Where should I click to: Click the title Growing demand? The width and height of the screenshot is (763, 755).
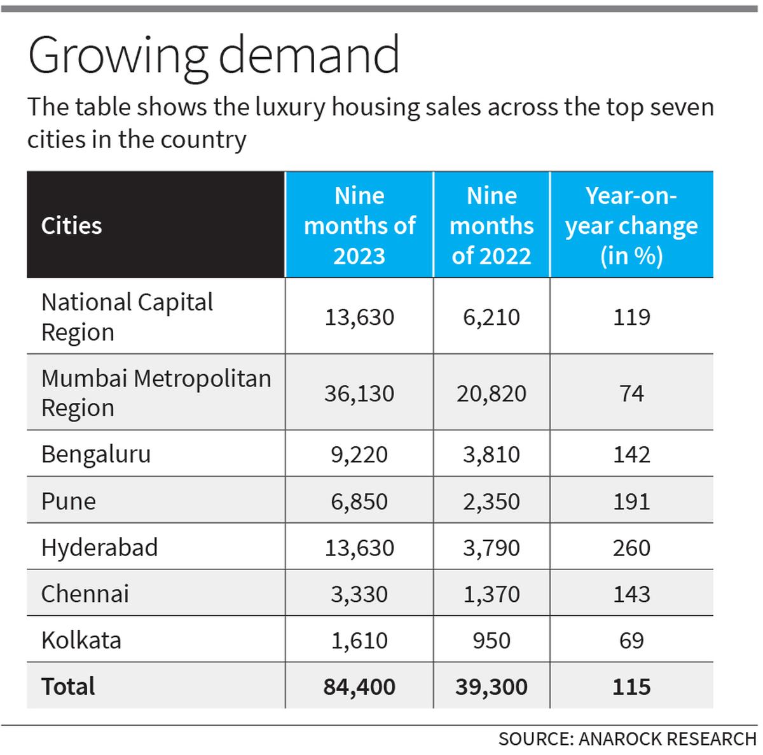point(214,57)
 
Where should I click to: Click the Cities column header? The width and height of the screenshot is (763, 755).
point(71,226)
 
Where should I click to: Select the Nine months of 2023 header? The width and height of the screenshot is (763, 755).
point(359,226)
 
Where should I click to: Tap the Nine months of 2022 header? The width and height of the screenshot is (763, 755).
point(491,226)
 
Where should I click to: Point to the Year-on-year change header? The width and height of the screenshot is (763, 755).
point(631,226)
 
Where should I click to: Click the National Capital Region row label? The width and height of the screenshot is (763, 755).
point(127,316)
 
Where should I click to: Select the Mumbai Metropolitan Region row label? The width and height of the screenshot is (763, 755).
point(156,393)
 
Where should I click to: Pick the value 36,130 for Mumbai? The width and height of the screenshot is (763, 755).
point(359,393)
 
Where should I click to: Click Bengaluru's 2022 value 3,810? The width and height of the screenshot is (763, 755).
point(491,454)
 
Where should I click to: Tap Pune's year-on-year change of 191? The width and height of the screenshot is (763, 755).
point(631,501)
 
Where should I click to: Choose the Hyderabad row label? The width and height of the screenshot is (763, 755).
point(99,548)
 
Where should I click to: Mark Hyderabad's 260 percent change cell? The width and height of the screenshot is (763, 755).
point(631,548)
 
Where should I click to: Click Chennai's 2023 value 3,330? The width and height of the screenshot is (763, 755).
point(359,594)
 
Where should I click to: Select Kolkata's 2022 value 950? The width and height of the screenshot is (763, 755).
point(491,640)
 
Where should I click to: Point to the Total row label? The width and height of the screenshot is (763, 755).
point(68,686)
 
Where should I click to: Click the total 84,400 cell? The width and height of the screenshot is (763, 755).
point(359,686)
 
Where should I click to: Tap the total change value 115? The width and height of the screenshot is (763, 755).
point(631,686)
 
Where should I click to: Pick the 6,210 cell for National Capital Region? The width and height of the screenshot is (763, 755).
point(491,316)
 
